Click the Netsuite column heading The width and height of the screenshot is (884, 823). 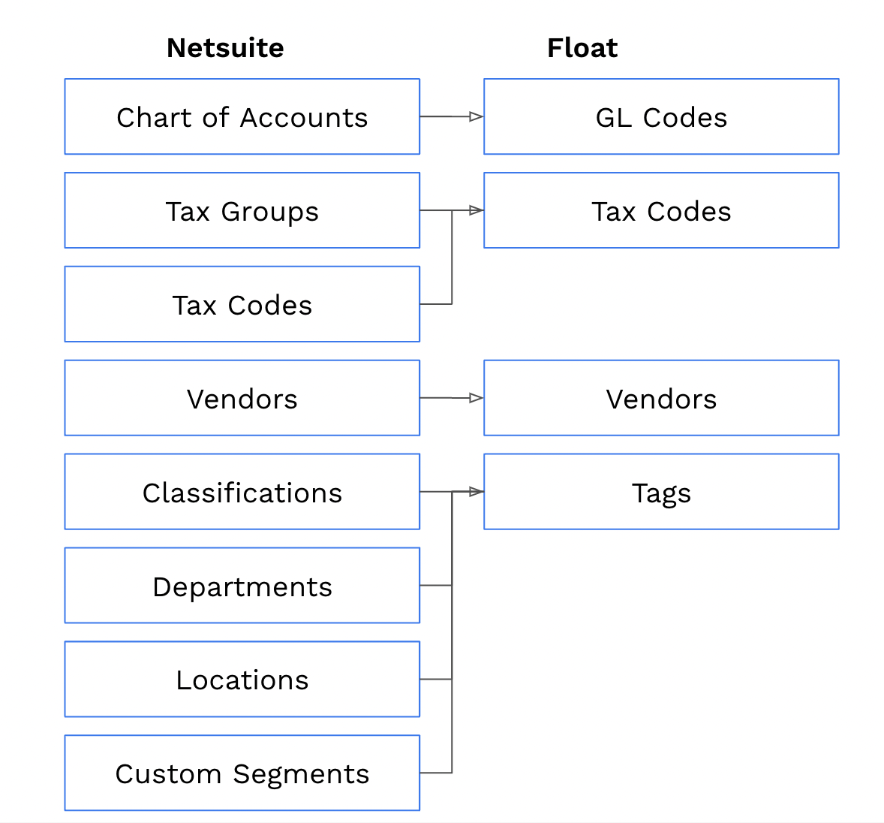[225, 48]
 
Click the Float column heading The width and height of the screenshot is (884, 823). [582, 48]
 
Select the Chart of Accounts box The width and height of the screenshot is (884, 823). [242, 117]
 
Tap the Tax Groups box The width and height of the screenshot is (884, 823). [242, 211]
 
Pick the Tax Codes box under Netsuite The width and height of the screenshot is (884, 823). [242, 305]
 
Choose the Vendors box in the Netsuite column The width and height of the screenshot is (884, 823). [242, 399]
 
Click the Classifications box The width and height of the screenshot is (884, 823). [242, 492]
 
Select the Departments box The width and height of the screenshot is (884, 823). [242, 586]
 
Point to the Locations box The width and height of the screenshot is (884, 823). [242, 680]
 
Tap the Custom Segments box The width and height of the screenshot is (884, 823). [242, 773]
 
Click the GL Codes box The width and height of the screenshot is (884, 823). [661, 117]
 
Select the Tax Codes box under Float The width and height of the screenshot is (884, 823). [661, 211]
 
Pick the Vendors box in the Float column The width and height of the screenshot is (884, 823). [661, 399]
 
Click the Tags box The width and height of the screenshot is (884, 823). [661, 492]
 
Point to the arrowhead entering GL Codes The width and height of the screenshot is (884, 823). [476, 116]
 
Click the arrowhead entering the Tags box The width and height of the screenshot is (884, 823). [476, 492]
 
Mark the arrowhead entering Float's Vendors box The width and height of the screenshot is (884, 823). [476, 398]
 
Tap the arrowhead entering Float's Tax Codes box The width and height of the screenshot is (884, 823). [476, 210]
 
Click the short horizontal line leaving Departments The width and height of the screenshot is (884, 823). [435, 585]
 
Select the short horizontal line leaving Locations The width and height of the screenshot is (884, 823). [435, 679]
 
